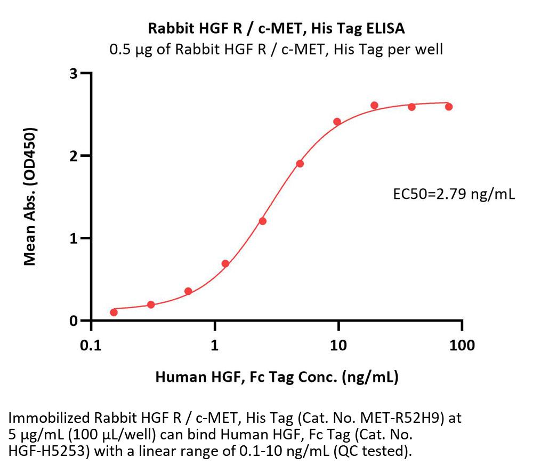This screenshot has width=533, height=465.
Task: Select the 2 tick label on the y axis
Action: pyautogui.click(x=75, y=156)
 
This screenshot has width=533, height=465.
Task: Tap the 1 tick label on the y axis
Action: pyautogui.click(x=75, y=238)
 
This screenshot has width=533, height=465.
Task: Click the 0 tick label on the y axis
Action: pyautogui.click(x=75, y=320)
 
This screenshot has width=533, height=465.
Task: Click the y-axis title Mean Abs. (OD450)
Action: pyautogui.click(x=30, y=197)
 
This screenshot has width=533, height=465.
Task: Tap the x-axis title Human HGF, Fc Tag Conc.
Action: pyautogui.click(x=277, y=378)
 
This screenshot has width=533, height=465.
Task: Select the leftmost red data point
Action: pyautogui.click(x=114, y=312)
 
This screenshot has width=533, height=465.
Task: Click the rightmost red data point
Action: pyautogui.click(x=449, y=107)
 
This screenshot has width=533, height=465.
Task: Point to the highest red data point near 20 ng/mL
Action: pyautogui.click(x=374, y=105)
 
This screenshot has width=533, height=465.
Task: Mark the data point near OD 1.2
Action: pyautogui.click(x=262, y=221)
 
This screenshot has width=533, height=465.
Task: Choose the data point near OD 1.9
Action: pyautogui.click(x=300, y=163)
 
